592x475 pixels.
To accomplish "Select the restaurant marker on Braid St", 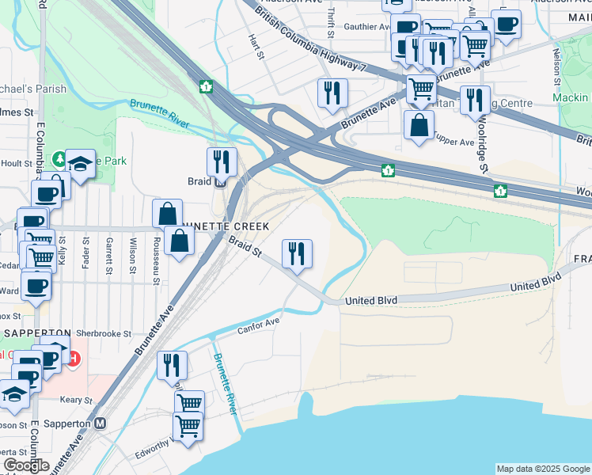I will coord(298,254).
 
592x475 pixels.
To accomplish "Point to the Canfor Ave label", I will coord(259,325).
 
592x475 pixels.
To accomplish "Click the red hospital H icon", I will coord(74,359).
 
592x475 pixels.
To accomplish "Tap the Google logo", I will coord(26,465).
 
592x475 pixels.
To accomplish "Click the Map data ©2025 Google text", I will coord(543,469).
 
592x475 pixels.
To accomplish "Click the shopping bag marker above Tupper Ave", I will coord(419,124).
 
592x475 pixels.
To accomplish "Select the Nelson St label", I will coord(557,68).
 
